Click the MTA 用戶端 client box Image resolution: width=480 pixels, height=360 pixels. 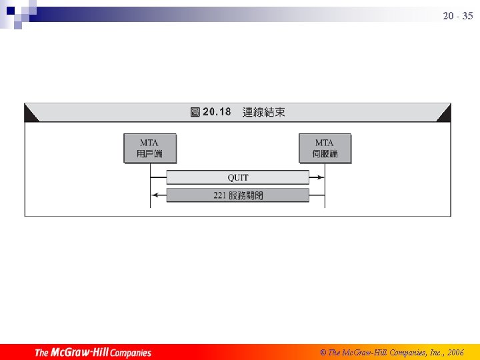click(x=151, y=149)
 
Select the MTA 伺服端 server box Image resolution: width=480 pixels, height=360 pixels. click(x=325, y=149)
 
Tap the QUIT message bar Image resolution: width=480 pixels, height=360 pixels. click(x=237, y=177)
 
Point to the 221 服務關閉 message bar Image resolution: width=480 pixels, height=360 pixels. click(x=237, y=195)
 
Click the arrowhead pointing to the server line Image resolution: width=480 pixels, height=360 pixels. click(x=321, y=177)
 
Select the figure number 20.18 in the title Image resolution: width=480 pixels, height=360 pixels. click(x=217, y=112)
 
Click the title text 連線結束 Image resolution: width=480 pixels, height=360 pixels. click(x=264, y=112)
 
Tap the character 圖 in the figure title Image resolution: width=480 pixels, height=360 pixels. click(x=195, y=112)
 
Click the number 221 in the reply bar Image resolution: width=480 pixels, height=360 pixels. click(x=220, y=195)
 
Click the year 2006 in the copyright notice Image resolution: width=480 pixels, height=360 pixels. click(x=456, y=352)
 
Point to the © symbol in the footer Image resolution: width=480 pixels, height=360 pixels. click(x=323, y=352)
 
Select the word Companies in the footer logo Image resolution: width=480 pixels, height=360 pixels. click(x=131, y=353)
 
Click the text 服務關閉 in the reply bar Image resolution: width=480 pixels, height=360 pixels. click(x=246, y=195)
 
